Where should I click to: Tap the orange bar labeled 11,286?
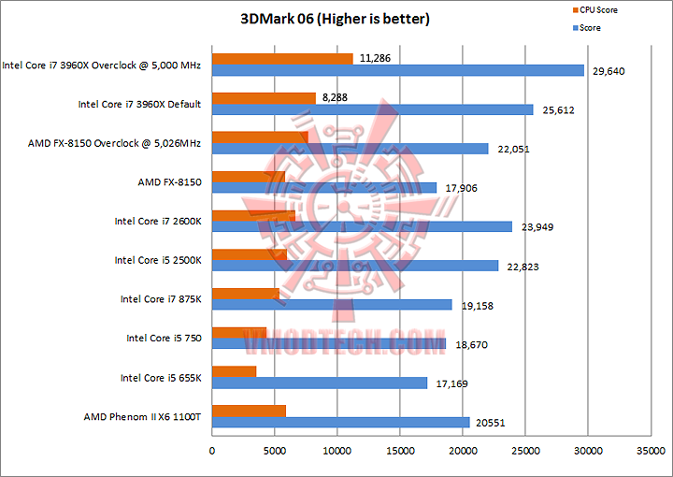(282, 58)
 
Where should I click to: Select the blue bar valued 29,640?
(398, 70)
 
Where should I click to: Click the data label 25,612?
(556, 110)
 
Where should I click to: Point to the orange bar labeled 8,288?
(264, 98)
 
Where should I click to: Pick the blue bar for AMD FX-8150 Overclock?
(351, 149)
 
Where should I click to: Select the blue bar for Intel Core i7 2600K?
(363, 226)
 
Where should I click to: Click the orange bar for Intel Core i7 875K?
(246, 294)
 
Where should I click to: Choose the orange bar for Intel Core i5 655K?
(235, 372)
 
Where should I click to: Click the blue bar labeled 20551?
(341, 423)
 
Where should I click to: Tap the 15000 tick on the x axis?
(401, 451)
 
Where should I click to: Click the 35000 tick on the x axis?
(652, 451)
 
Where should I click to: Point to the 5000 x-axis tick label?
(275, 451)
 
